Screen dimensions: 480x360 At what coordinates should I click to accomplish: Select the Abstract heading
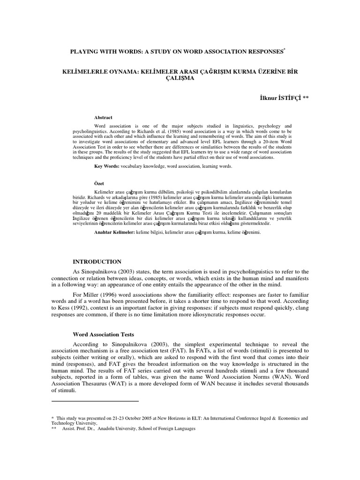click(103, 118)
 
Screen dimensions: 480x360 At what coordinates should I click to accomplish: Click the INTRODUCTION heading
click(97, 262)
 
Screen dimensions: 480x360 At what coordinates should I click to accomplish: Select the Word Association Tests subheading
click(104, 335)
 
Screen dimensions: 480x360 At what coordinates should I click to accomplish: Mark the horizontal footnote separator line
click(95, 401)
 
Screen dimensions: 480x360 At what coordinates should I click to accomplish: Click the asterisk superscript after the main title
click(285, 48)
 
